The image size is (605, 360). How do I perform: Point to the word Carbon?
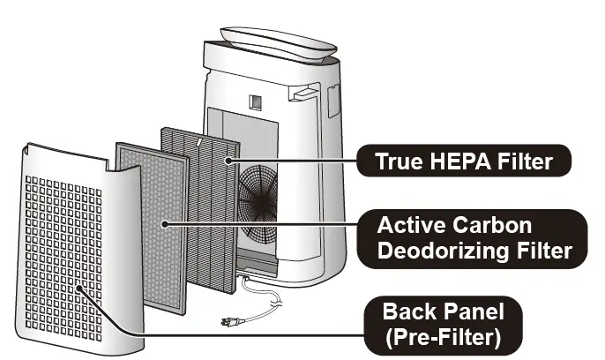(496, 223)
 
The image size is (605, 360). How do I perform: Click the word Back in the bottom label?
(407, 312)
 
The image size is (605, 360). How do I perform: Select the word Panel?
(471, 312)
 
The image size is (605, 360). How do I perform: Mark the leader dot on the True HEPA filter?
(228, 161)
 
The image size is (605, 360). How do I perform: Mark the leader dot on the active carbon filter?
(167, 224)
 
